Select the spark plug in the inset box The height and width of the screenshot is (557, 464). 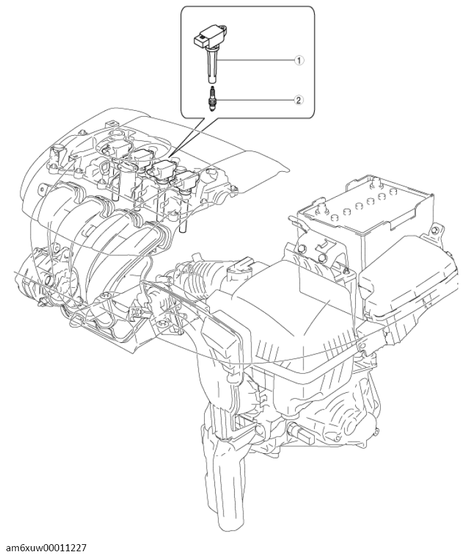[212, 99]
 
